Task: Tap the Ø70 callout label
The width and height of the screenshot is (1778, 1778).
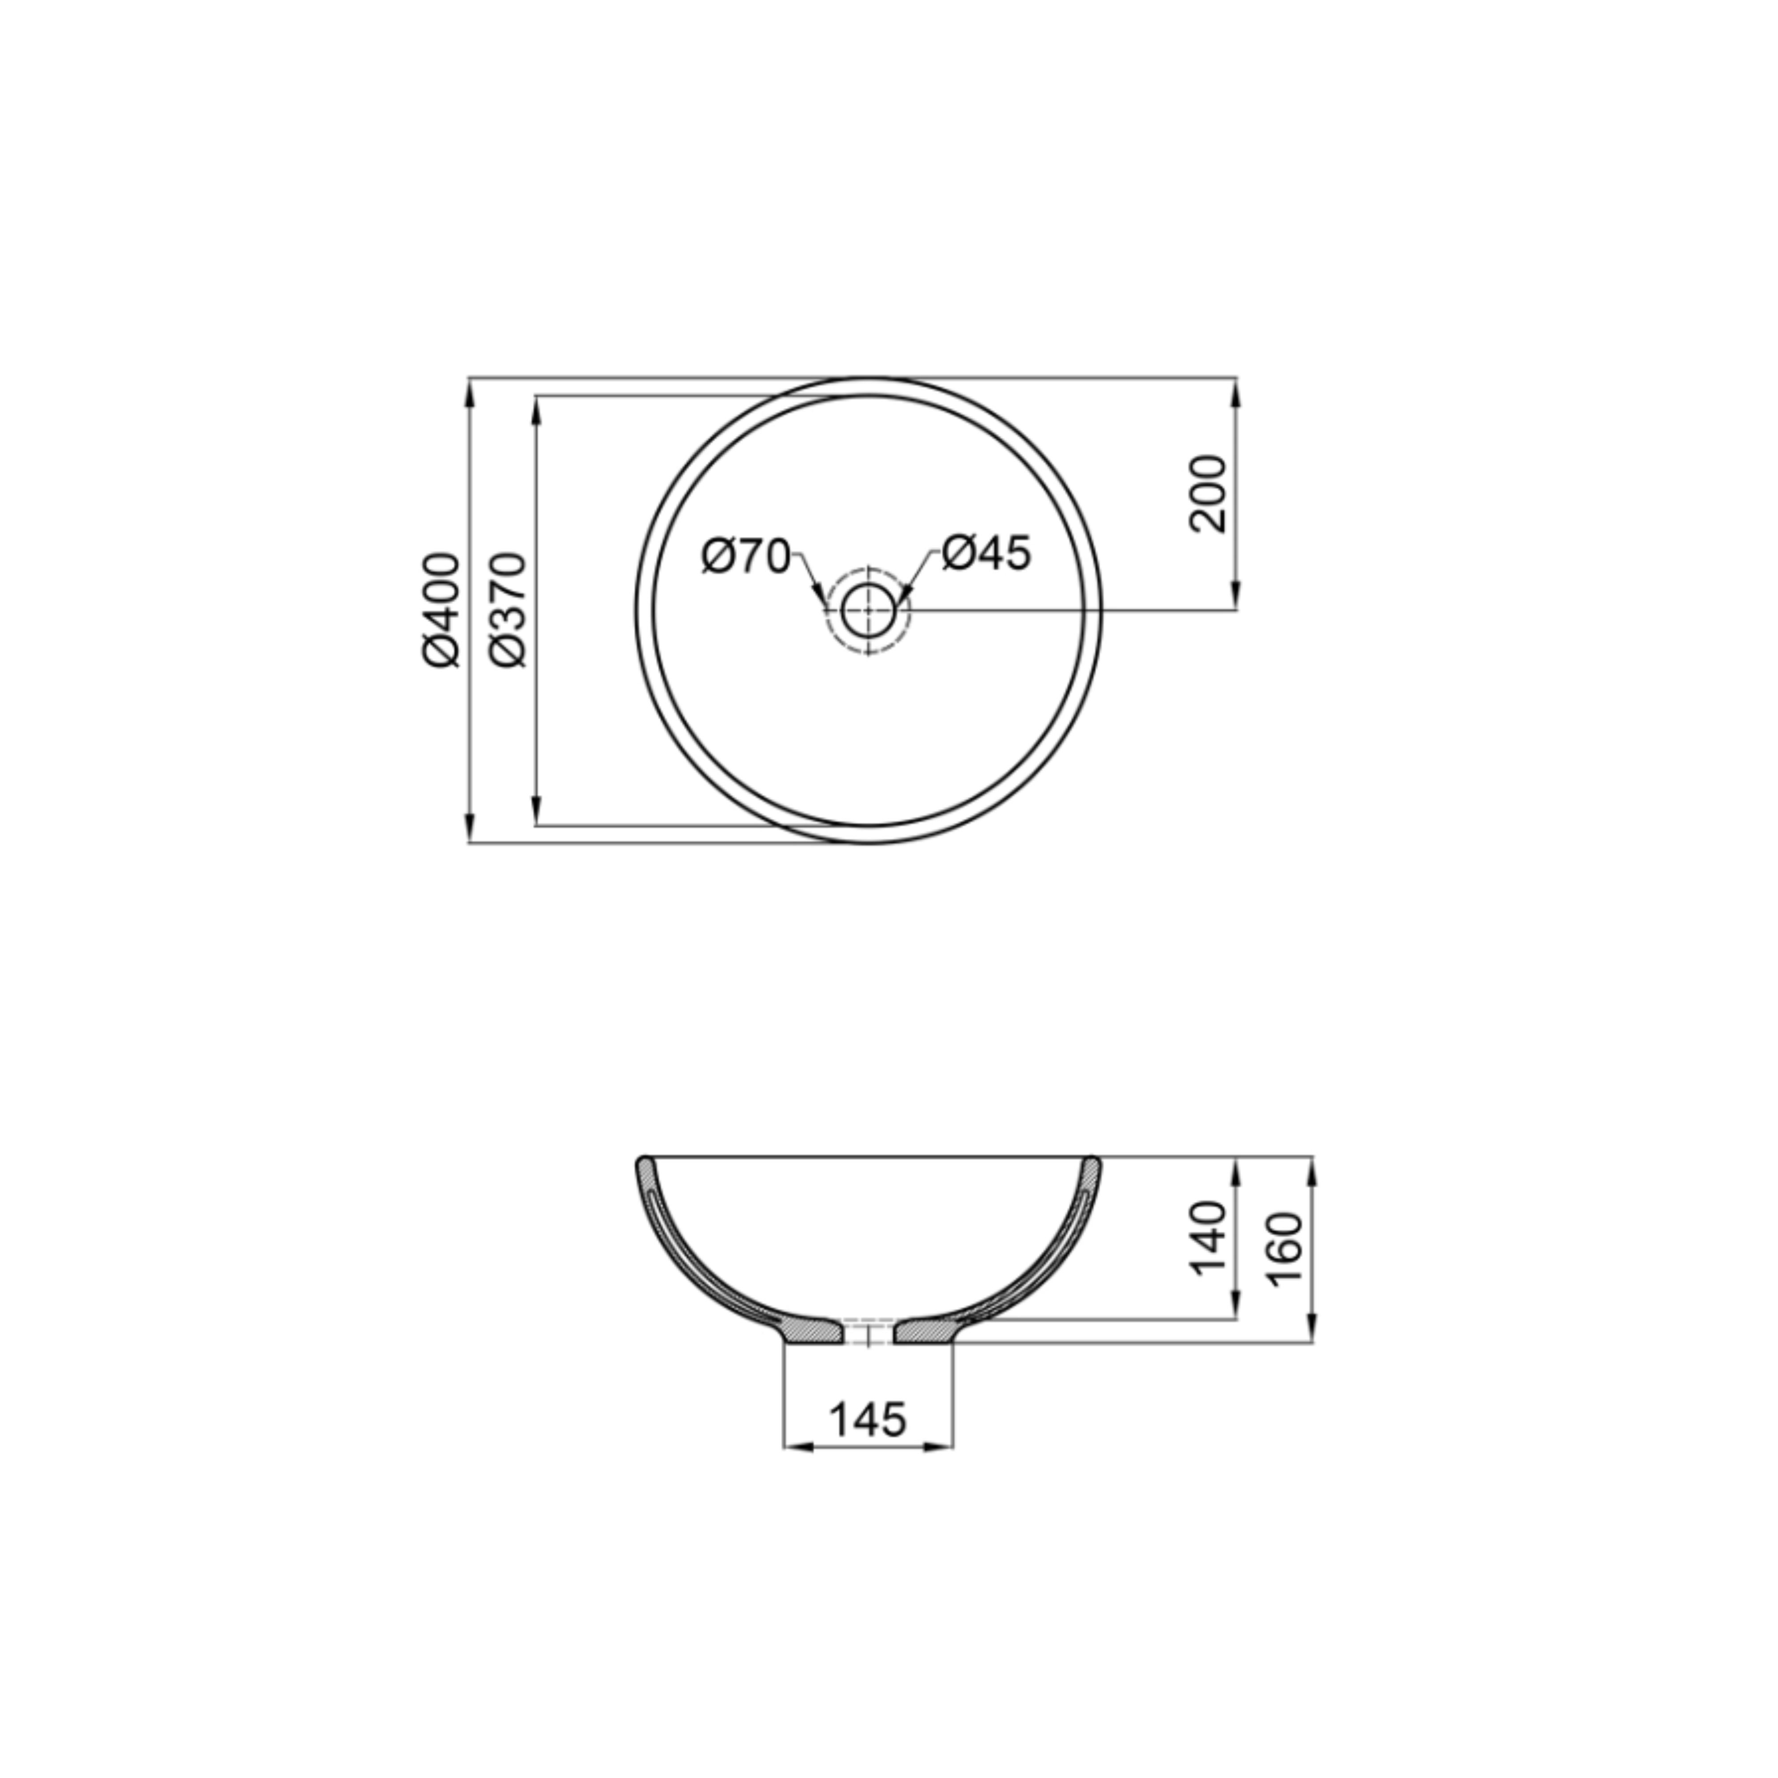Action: click(745, 556)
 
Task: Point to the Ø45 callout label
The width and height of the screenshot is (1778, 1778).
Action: click(986, 553)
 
